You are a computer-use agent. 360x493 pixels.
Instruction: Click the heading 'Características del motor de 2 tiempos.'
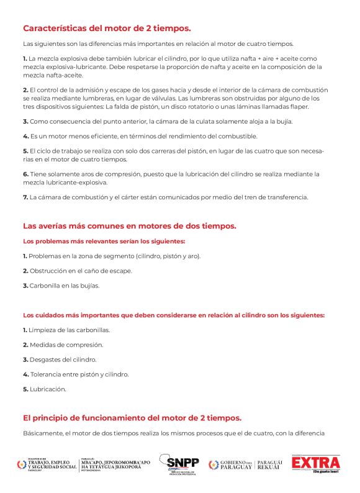(x=107, y=28)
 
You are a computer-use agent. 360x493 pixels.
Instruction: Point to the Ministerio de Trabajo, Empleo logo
(x=47, y=464)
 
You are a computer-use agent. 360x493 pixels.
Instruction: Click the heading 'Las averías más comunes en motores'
(x=129, y=225)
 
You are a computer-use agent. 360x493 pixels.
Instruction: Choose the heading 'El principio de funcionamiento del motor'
(x=132, y=417)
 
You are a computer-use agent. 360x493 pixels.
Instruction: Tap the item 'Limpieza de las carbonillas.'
(x=66, y=330)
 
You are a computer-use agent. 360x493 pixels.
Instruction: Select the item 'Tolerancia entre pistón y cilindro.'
(x=76, y=374)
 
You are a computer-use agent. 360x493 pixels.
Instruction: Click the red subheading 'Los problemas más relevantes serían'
(x=104, y=241)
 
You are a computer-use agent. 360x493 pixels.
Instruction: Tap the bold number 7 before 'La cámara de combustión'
(x=25, y=197)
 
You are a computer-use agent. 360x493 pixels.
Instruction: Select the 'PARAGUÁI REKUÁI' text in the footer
(x=269, y=464)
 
